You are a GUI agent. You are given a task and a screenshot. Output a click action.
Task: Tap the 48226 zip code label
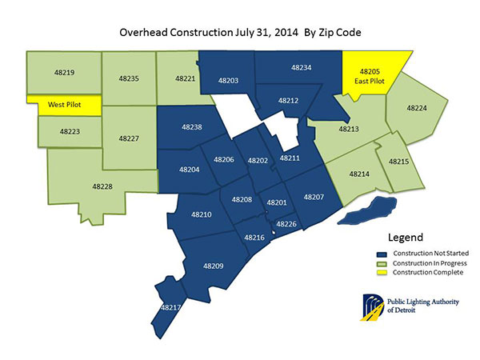(286, 224)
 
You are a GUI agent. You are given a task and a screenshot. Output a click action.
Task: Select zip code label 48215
(398, 162)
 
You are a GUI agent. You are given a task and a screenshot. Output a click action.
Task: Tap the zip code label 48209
(214, 266)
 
